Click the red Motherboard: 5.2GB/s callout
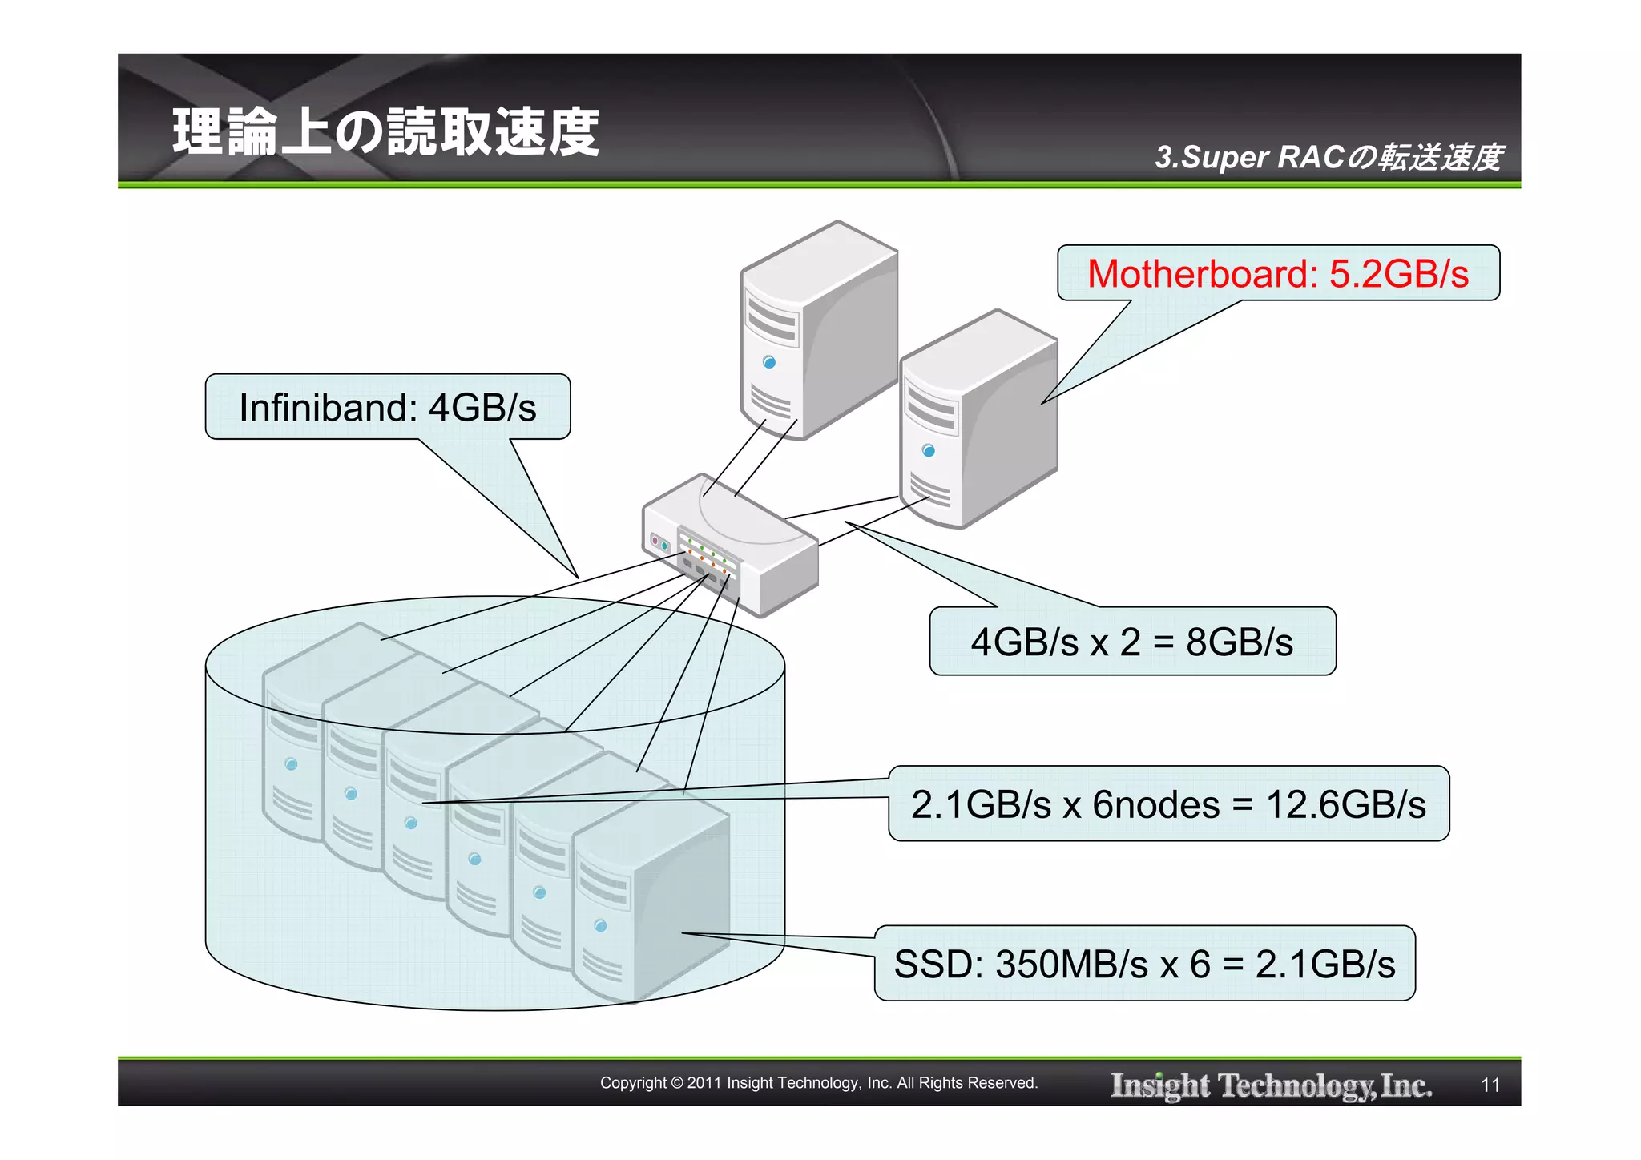[x=1277, y=274]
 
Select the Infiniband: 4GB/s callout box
[x=388, y=407]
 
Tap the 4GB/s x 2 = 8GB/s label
[x=1131, y=642]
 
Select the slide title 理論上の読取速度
[x=385, y=132]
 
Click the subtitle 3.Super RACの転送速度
[x=1328, y=157]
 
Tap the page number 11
[x=1490, y=1085]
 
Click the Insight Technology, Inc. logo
[x=1271, y=1085]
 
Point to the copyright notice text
[x=819, y=1083]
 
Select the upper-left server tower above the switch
[x=817, y=328]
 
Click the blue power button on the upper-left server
[x=769, y=362]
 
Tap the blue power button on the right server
[x=929, y=450]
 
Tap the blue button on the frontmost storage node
[x=601, y=926]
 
